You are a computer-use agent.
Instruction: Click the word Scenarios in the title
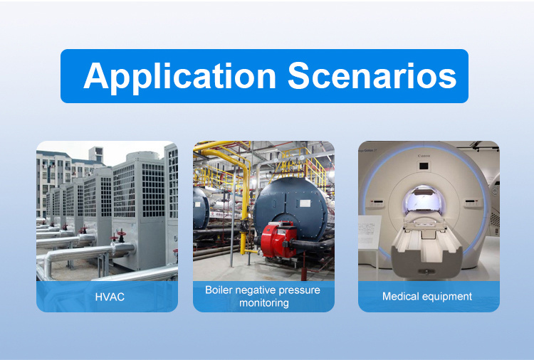pos(372,75)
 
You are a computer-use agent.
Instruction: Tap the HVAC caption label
pos(110,297)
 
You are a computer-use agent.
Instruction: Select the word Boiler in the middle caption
pos(219,290)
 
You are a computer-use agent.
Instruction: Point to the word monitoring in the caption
pos(264,303)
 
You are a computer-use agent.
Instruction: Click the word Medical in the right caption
pos(400,296)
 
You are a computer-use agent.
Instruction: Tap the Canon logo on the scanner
pos(424,156)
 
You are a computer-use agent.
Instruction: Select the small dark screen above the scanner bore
pos(424,166)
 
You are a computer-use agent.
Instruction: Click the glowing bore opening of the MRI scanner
pos(424,201)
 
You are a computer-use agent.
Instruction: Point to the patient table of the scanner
pos(426,245)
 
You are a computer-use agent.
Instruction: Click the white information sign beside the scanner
pos(370,232)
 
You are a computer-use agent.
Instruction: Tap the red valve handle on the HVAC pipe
pos(121,234)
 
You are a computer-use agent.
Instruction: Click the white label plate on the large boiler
pos(305,203)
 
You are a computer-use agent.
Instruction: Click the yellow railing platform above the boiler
pos(300,166)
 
